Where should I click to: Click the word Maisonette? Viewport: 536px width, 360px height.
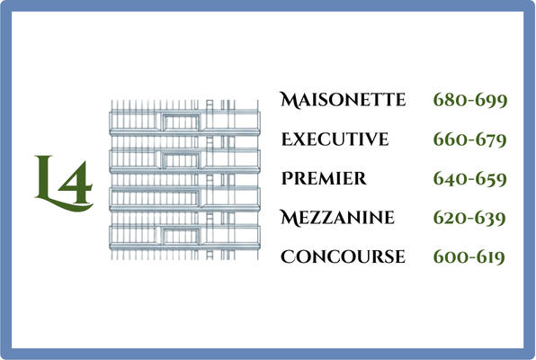[x=343, y=100]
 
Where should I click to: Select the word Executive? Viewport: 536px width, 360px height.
[x=335, y=139]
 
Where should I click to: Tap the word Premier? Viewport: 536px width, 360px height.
[x=324, y=178]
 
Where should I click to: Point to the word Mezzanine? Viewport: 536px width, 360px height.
[x=337, y=218]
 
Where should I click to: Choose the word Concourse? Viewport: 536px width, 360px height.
[x=343, y=256]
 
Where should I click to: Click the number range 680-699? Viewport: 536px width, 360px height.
[x=470, y=100]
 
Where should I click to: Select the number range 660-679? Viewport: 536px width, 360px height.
[x=470, y=139]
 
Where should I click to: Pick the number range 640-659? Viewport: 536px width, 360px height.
[x=470, y=179]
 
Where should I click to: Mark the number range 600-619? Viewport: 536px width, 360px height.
[x=469, y=257]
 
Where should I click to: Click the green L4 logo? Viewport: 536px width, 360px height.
[x=64, y=184]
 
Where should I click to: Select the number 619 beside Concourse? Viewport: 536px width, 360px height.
[x=491, y=257]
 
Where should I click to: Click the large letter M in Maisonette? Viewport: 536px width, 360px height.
[x=290, y=100]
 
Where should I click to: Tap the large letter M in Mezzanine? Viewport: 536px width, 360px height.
[x=290, y=218]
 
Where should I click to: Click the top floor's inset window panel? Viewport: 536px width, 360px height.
[x=181, y=121]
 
